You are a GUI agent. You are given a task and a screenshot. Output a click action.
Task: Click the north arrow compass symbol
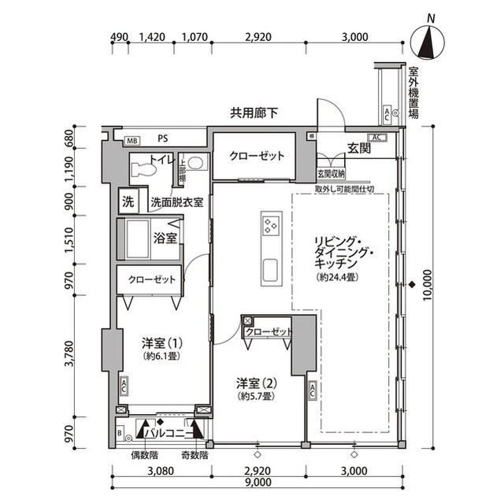(x=428, y=39)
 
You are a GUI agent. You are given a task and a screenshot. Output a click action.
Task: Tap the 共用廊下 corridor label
(x=254, y=113)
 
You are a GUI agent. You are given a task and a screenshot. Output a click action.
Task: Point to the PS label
(x=163, y=139)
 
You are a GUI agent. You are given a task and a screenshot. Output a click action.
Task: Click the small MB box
(x=132, y=140)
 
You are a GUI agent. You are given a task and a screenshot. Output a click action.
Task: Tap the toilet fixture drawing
(x=142, y=168)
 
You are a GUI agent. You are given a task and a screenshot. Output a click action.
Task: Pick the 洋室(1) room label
(x=162, y=343)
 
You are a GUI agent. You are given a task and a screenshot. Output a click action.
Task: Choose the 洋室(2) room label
(x=256, y=383)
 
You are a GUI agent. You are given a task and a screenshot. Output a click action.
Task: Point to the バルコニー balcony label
(x=169, y=432)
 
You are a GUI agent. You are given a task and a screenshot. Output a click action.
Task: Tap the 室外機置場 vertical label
(x=413, y=93)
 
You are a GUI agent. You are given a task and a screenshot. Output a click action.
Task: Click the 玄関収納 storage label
(x=331, y=174)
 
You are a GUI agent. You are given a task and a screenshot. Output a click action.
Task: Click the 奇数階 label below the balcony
(x=193, y=455)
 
